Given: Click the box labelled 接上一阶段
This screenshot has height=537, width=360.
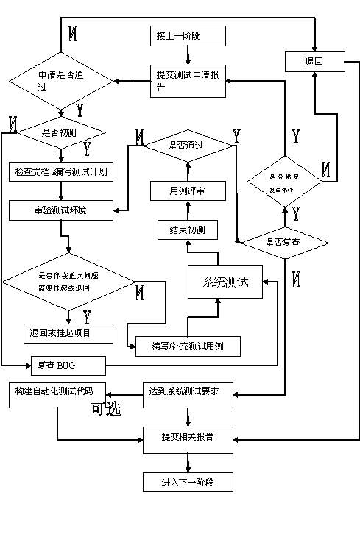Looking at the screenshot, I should pos(187,36).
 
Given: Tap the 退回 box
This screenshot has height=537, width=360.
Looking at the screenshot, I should pos(314,62).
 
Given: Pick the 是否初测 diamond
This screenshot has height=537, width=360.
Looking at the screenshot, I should pos(61,132).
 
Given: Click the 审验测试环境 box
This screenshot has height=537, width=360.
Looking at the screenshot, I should pos(60,210).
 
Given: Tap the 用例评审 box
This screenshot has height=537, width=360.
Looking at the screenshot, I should pos(187,191).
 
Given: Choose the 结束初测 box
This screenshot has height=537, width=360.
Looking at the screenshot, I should pos(187,230).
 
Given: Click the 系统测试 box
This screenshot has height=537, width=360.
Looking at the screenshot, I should pos(225,282).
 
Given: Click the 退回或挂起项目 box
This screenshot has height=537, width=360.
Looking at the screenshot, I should pos(68,332).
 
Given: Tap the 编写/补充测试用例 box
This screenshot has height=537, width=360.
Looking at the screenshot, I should pos(187,346).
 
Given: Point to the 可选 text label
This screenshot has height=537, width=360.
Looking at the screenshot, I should pos(107,410).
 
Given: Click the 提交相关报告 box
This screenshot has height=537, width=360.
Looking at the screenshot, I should pos(187,436).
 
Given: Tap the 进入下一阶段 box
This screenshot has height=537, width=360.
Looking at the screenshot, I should pos(187,483).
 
